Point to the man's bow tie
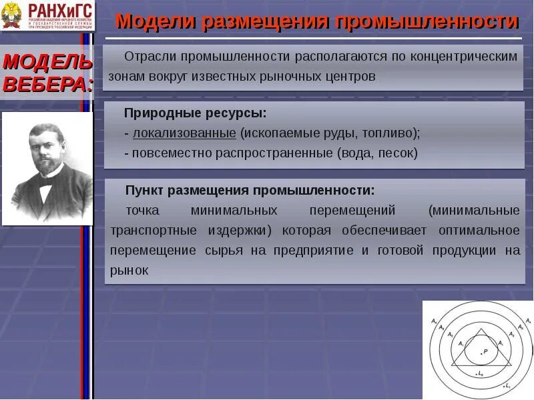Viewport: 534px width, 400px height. click(46, 188)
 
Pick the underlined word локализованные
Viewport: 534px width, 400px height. click(184, 133)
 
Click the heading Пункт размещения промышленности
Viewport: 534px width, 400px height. click(250, 191)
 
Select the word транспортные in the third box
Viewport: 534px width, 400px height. click(153, 231)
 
